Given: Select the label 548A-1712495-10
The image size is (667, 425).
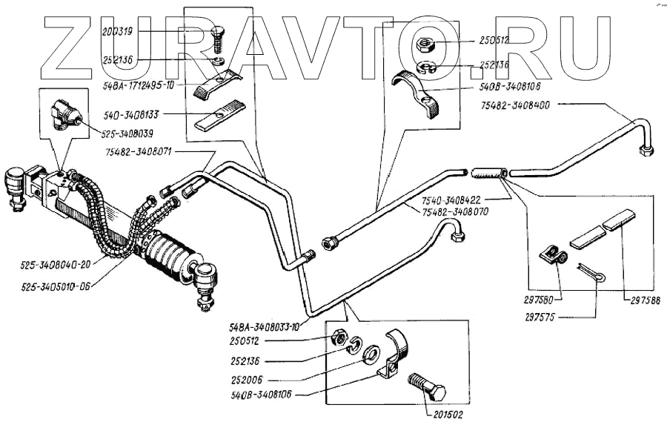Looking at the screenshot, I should (x=139, y=86).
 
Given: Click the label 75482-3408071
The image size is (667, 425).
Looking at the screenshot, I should (x=141, y=152).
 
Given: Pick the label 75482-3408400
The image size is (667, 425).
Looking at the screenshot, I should (x=513, y=105).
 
